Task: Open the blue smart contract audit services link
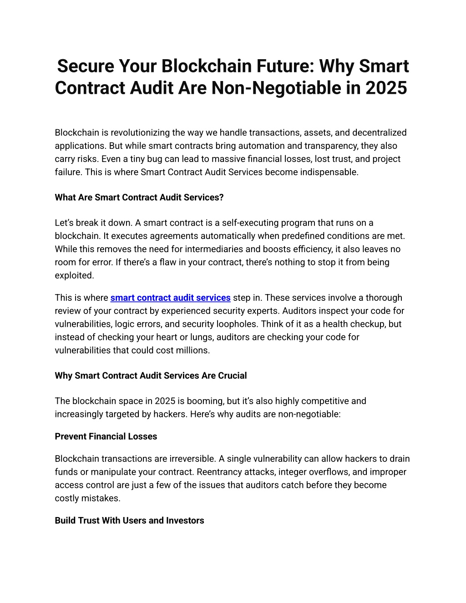(x=170, y=298)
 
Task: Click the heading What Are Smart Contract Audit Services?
(x=139, y=198)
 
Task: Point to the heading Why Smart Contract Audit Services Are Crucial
(x=151, y=376)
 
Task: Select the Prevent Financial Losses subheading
(x=106, y=436)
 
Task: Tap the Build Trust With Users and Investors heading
(x=129, y=521)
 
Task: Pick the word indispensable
(x=329, y=172)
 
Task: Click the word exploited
(x=74, y=276)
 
